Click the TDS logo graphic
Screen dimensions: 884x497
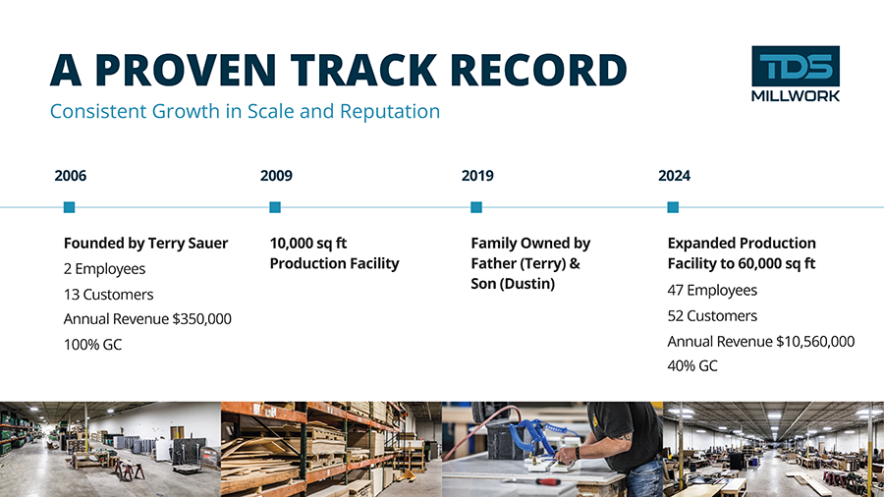[x=796, y=66]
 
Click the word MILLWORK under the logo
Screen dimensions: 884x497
[x=796, y=96]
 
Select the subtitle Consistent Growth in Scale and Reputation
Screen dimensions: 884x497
[x=245, y=111]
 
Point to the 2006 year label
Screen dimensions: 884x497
[x=71, y=176]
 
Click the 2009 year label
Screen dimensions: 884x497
[x=276, y=176]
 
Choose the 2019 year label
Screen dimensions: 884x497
[x=477, y=176]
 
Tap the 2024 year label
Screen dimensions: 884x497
[x=674, y=176]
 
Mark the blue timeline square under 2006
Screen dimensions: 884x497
[x=70, y=207]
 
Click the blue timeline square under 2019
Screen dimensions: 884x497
[x=476, y=207]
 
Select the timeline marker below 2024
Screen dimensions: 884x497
[x=673, y=207]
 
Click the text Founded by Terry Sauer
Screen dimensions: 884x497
[x=145, y=244]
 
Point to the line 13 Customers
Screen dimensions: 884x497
[x=108, y=294]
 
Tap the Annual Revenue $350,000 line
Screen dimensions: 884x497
[x=147, y=319]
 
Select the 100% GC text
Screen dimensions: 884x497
[x=92, y=345]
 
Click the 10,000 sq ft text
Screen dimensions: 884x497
[x=307, y=244]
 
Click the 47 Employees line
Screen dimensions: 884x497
[x=712, y=290]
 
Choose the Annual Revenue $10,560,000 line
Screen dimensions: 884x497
[x=761, y=342]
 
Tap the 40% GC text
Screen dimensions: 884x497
[x=692, y=366]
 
